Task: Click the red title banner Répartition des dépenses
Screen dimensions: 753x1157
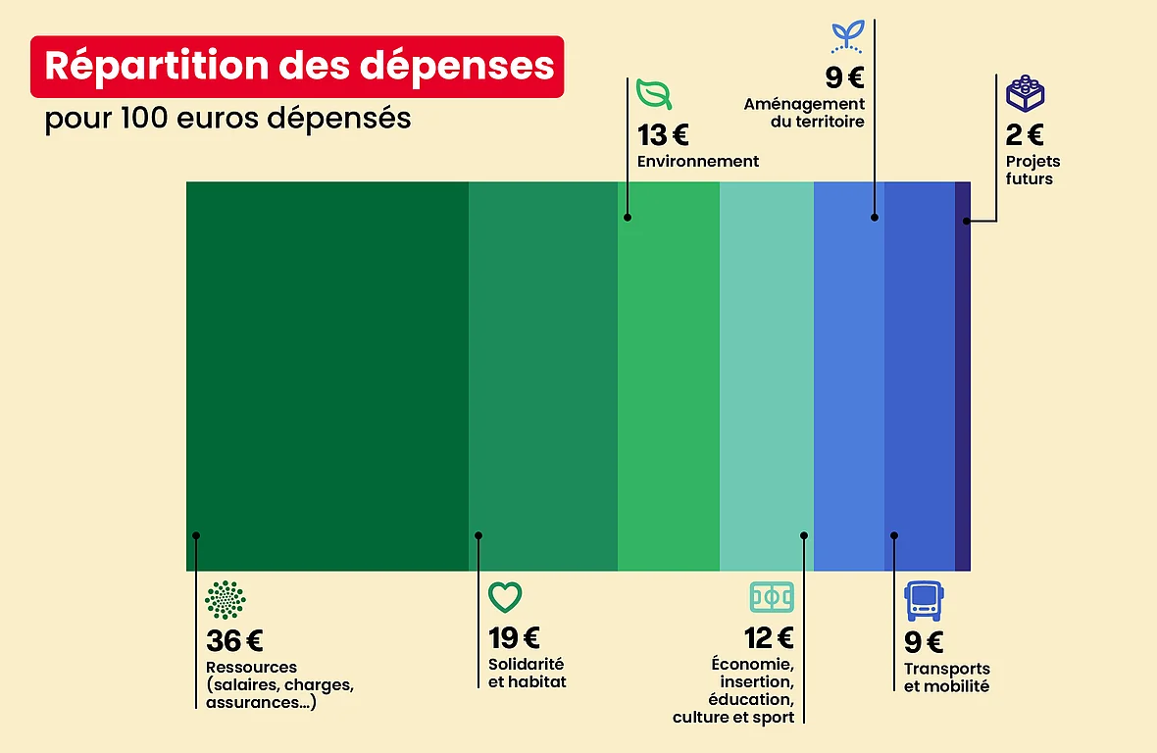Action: [x=297, y=67]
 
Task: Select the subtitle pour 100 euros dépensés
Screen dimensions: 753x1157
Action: [x=227, y=120]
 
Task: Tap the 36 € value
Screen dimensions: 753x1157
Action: [x=234, y=641]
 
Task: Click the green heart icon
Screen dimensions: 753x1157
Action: [x=505, y=596]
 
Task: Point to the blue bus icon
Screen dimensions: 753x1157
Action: [x=923, y=600]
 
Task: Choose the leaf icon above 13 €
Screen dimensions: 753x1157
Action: [x=654, y=94]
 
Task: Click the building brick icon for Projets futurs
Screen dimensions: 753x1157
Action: [x=1025, y=94]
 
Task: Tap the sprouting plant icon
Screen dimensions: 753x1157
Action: [x=845, y=35]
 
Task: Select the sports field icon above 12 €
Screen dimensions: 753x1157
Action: [x=772, y=596]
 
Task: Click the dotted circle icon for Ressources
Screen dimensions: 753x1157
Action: [x=226, y=599]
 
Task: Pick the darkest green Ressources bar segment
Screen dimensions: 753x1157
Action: [x=327, y=376]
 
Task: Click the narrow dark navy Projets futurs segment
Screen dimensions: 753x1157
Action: [x=963, y=376]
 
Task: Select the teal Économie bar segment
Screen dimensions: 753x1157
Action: [x=766, y=376]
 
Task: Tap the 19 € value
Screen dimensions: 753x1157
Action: [x=514, y=638]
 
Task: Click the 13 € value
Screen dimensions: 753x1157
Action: [x=663, y=135]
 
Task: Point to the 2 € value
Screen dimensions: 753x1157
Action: [x=1025, y=135]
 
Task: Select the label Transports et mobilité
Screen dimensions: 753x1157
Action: [x=946, y=678]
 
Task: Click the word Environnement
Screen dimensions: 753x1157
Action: [x=698, y=161]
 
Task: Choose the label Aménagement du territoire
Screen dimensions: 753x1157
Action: [x=804, y=113]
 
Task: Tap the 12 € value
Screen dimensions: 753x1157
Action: [x=769, y=638]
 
